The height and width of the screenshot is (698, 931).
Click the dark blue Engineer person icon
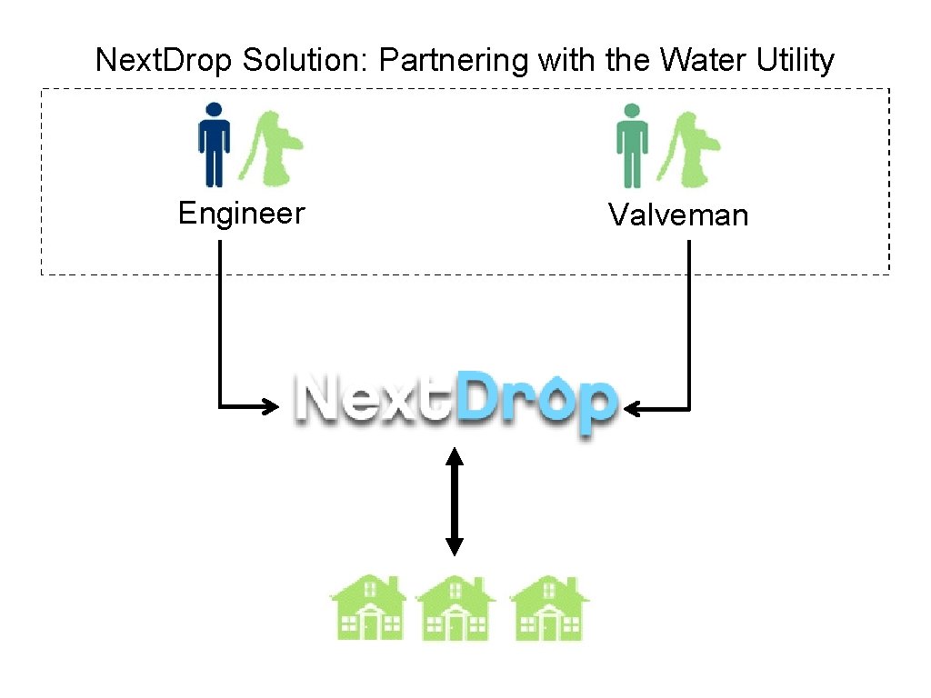[214, 145]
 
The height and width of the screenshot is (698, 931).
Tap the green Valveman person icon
[632, 145]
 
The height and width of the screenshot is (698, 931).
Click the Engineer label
[241, 214]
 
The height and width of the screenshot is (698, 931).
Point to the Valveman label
[678, 215]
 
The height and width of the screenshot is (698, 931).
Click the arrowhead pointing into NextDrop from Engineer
[269, 406]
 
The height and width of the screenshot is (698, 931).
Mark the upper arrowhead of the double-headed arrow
[455, 454]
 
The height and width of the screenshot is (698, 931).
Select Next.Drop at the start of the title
[165, 61]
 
